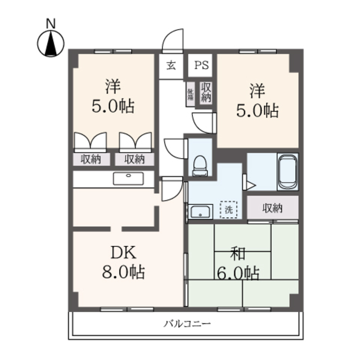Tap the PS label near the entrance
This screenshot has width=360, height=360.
click(201, 65)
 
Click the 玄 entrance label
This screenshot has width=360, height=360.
click(170, 65)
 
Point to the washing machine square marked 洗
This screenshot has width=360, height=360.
click(228, 209)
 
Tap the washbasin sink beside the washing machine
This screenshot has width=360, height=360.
click(200, 212)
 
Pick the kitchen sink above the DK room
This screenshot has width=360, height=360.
click(129, 179)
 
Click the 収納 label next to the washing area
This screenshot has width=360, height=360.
click(272, 208)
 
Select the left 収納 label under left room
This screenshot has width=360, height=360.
click(91, 159)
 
